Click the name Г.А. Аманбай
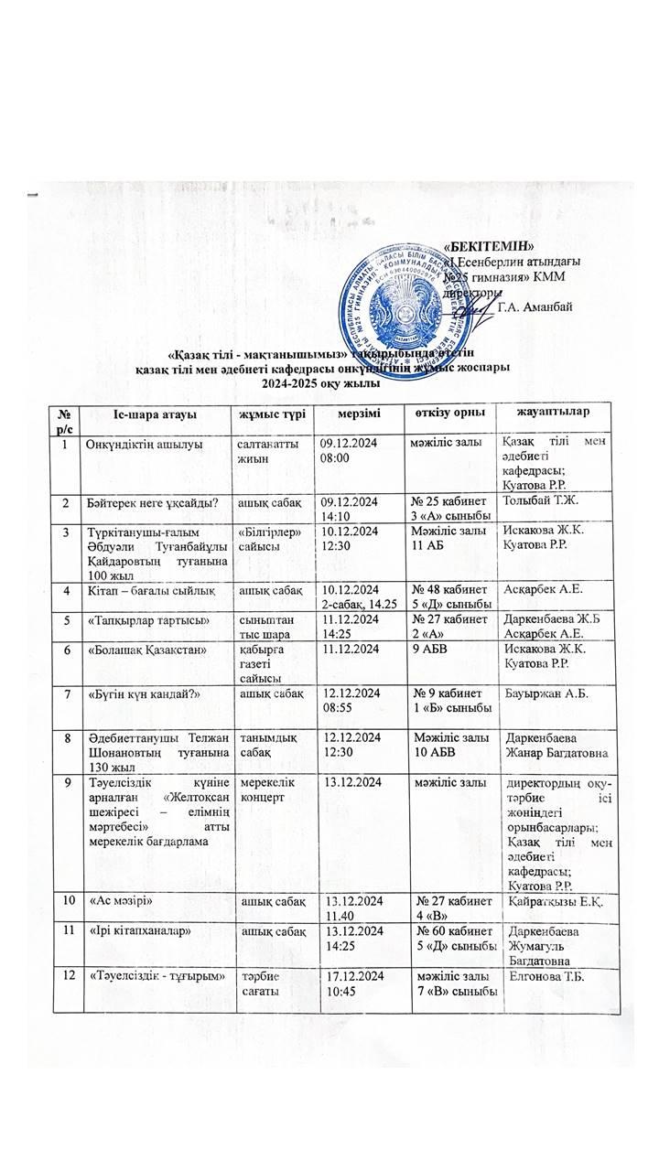tap(535, 306)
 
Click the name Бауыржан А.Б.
tap(534, 693)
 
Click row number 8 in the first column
tap(66, 736)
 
